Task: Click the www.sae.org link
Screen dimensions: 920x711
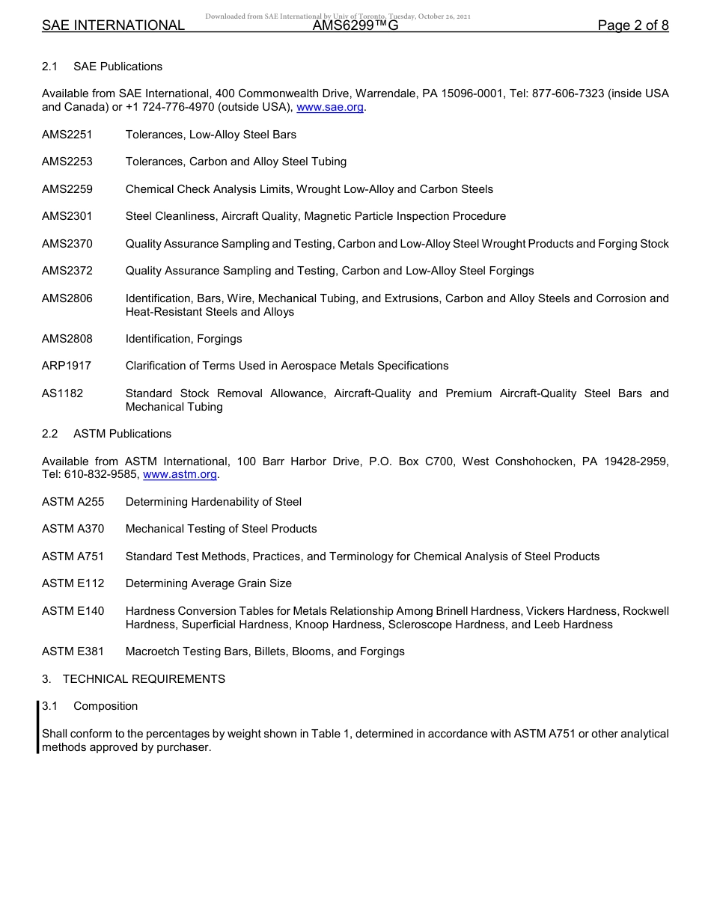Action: pyautogui.click(x=330, y=108)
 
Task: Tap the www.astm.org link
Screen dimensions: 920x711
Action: pyautogui.click(x=180, y=475)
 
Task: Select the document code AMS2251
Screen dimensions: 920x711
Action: pyautogui.click(x=67, y=135)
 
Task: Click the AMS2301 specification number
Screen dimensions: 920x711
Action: pyautogui.click(x=67, y=216)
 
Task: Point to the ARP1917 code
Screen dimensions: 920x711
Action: pyautogui.click(x=67, y=366)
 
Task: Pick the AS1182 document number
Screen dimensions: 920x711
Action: pyautogui.click(x=63, y=393)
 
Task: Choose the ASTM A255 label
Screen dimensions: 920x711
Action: pyautogui.click(x=73, y=502)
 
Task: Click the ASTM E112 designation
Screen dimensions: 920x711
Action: pyautogui.click(x=73, y=583)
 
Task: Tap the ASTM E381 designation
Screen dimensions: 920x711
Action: pyautogui.click(x=73, y=651)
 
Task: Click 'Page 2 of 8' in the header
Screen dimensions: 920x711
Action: pyautogui.click(x=633, y=25)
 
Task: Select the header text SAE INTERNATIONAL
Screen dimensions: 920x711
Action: pyautogui.click(x=113, y=25)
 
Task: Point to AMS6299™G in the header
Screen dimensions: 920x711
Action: pyautogui.click(x=355, y=25)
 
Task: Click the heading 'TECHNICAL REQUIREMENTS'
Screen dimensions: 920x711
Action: pyautogui.click(x=144, y=679)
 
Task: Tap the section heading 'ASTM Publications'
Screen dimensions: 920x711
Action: pyautogui.click(x=122, y=434)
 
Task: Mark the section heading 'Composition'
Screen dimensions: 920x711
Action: pyautogui.click(x=106, y=706)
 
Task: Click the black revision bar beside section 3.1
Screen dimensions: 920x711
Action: pyautogui.click(x=37, y=726)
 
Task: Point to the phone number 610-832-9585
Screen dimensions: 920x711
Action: pyautogui.click(x=102, y=475)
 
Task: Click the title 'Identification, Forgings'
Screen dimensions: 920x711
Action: pyautogui.click(x=183, y=339)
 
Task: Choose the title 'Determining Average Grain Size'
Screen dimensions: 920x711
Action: pyautogui.click(x=209, y=583)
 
